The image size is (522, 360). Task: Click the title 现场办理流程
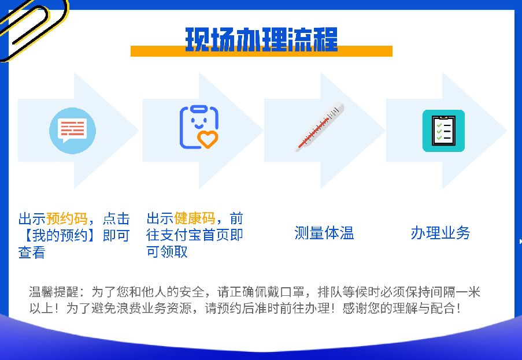tap(261, 39)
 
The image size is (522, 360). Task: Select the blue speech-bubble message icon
tap(72, 131)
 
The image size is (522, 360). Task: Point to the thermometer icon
tap(320, 127)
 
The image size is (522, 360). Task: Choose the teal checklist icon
tap(443, 131)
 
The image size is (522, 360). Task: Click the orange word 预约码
tap(67, 219)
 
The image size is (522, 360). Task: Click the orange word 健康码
tap(195, 218)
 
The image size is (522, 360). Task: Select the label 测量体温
tap(324, 233)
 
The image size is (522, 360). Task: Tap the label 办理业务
tap(440, 233)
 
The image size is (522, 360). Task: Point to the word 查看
tap(32, 253)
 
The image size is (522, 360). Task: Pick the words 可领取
tap(167, 252)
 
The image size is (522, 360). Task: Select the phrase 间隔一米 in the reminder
tap(453, 292)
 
